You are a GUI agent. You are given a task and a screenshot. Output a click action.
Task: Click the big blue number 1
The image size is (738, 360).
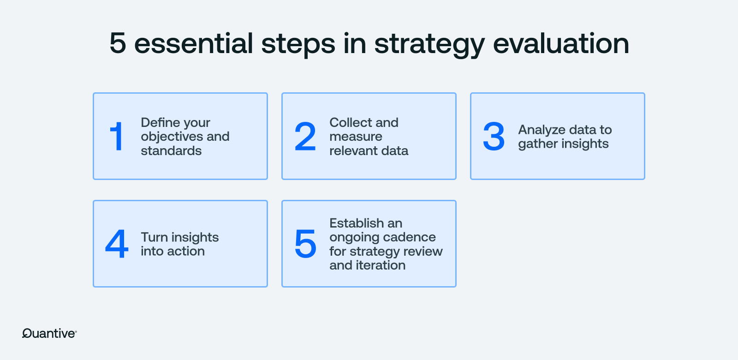coord(117,136)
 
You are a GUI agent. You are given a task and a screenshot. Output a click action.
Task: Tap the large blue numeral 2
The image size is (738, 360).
coord(305,136)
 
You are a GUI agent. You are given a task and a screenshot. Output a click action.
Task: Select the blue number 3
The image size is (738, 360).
coord(494,136)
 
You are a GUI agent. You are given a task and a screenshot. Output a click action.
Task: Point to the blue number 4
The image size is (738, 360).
coord(117,244)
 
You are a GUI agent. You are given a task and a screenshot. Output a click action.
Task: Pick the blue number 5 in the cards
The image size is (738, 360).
coord(305,244)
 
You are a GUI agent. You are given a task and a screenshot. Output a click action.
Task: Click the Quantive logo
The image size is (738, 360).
coord(49,333)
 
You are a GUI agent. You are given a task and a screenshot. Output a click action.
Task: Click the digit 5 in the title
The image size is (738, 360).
coord(118,43)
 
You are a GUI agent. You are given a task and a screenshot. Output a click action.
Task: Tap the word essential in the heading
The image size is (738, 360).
coord(193,43)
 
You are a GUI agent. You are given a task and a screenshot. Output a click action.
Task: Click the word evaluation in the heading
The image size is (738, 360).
coord(561,43)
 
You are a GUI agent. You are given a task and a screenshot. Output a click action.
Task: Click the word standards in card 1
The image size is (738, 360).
coord(171,151)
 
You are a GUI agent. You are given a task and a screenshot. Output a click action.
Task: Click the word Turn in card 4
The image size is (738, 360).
coord(154,237)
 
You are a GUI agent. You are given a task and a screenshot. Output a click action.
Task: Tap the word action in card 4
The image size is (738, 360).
coord(186,252)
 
